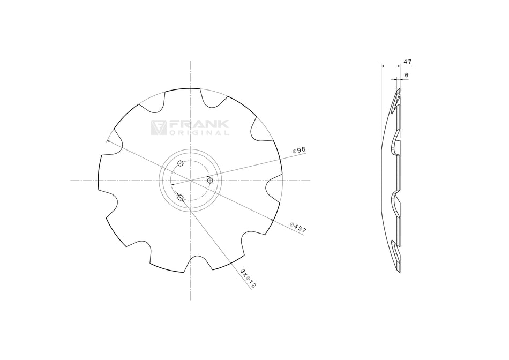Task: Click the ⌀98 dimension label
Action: (x=298, y=150)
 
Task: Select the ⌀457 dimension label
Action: (x=298, y=227)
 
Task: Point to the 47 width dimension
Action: (x=408, y=62)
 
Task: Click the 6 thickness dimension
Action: (x=407, y=76)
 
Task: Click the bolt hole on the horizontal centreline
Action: (x=210, y=181)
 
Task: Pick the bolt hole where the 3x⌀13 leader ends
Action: (x=180, y=198)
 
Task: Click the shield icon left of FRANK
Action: (x=159, y=127)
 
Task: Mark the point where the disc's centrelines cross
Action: (x=190, y=181)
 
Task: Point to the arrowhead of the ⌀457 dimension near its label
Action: (x=273, y=220)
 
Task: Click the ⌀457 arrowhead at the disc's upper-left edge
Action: (x=108, y=141)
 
